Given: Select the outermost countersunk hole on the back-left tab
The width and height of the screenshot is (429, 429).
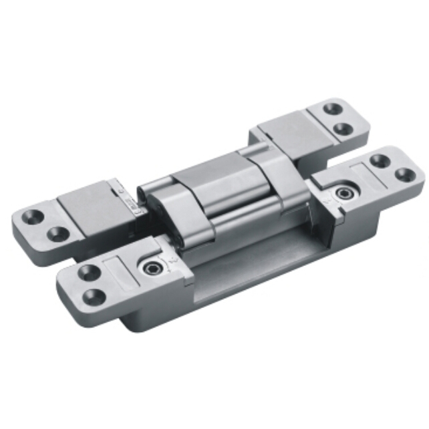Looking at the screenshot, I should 31,218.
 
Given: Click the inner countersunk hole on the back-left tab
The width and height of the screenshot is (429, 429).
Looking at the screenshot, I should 58,234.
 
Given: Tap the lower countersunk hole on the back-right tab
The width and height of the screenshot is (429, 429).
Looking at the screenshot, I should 343,128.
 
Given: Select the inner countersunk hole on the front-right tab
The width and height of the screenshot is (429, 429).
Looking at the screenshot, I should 379,161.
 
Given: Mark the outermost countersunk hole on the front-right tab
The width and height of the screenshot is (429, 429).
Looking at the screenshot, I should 403,175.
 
